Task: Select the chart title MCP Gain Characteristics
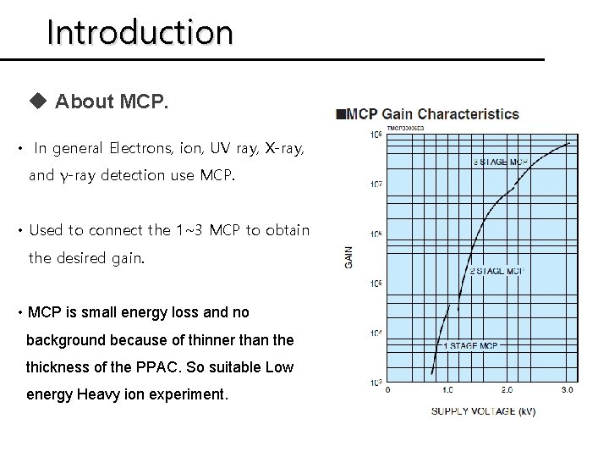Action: point(434,114)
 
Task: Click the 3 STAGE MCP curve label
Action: point(502,161)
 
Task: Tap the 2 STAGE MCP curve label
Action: point(497,271)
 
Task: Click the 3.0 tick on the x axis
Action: point(567,390)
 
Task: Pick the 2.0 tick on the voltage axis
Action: point(507,390)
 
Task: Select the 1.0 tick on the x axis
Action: point(447,390)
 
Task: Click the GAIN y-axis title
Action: point(348,257)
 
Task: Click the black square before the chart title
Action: point(340,114)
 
